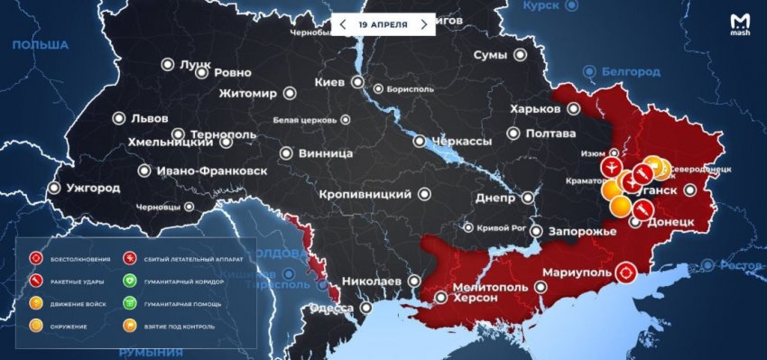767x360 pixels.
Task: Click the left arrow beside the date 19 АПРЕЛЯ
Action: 342,24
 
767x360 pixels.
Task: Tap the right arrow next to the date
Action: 424,24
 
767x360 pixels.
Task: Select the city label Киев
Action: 328,82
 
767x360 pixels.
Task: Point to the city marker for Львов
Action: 119,117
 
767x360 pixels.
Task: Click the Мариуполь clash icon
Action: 624,272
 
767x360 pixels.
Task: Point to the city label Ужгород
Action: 92,189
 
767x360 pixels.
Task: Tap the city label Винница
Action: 324,154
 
